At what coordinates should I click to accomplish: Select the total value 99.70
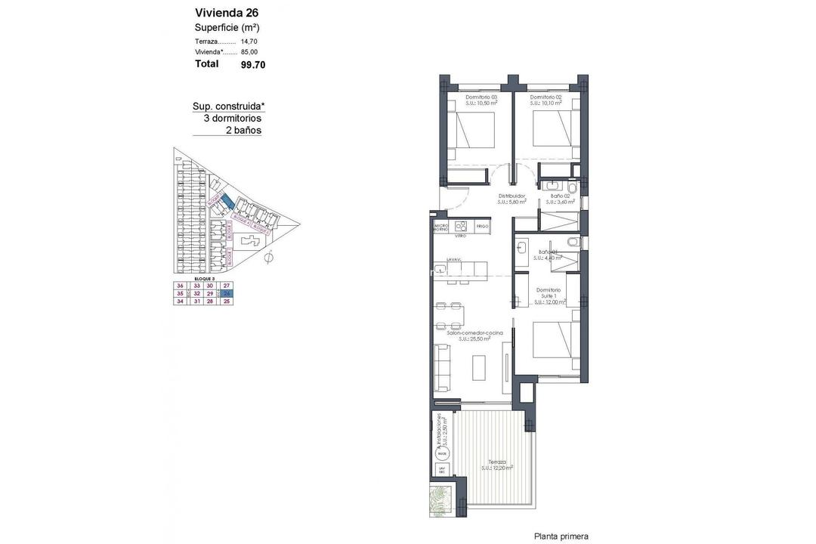253,65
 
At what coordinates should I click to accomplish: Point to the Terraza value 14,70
249,41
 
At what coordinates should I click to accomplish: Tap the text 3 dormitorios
232,118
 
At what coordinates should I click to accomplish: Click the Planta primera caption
561,536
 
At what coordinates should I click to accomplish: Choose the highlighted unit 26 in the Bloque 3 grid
226,293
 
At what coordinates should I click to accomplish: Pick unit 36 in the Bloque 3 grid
180,286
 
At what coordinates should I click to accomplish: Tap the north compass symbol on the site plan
270,260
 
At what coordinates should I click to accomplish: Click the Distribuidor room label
512,198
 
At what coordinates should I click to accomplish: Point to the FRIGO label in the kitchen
482,226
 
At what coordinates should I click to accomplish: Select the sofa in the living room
442,366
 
